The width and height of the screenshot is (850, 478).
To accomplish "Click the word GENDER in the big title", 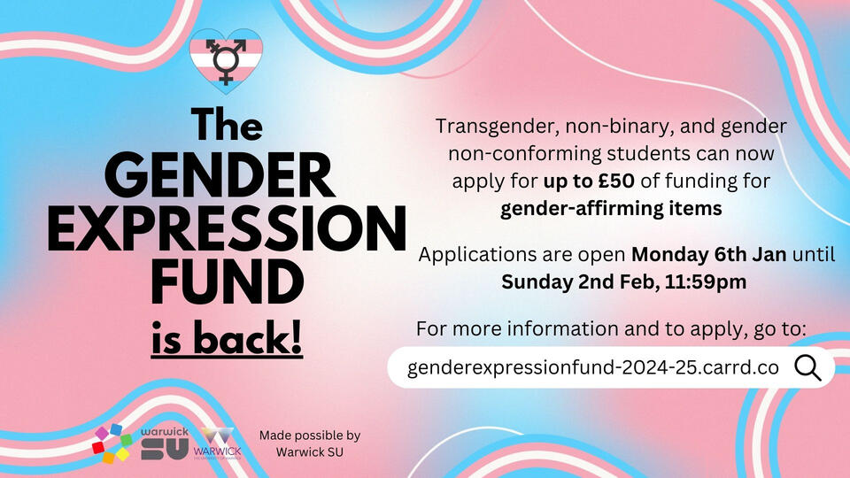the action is pos(220,175).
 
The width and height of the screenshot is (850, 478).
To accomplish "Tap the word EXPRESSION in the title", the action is pos(227,228).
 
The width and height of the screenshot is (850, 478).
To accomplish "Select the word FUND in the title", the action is pos(228,281).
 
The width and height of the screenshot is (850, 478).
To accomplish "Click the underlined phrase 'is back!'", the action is pos(227,338).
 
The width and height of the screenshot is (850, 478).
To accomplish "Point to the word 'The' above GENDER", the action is pos(227,125).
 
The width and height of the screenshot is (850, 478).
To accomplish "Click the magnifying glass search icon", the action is pos(807,368).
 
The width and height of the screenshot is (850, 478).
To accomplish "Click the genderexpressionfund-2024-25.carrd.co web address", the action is pos(593,367).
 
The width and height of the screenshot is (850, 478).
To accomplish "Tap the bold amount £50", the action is pos(616,181).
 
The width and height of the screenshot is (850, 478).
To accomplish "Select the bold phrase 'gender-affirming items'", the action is pos(611,209).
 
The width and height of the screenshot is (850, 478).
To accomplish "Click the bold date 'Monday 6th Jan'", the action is pos(709,254).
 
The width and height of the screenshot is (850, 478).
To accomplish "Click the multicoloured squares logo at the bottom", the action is pos(112,443).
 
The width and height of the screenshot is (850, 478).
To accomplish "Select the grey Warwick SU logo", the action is pos(165,443).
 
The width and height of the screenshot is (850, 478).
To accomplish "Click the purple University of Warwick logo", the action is pos(218,443).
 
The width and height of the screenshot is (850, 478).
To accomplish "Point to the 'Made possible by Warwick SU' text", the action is pos(310,443).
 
